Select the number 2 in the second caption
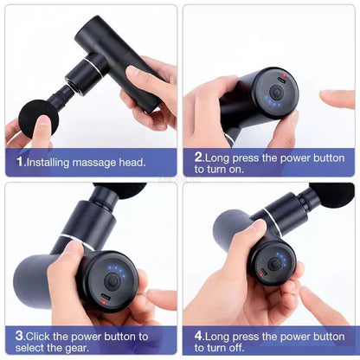(199, 157)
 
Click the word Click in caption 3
(42, 336)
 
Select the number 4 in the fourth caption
(199, 336)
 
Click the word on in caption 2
(235, 169)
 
